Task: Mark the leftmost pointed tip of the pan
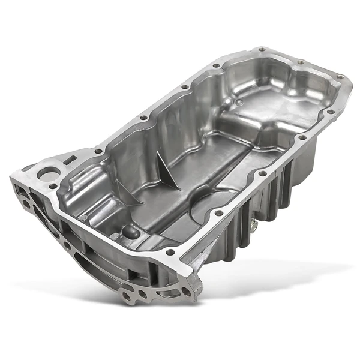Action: pos(11,178)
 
